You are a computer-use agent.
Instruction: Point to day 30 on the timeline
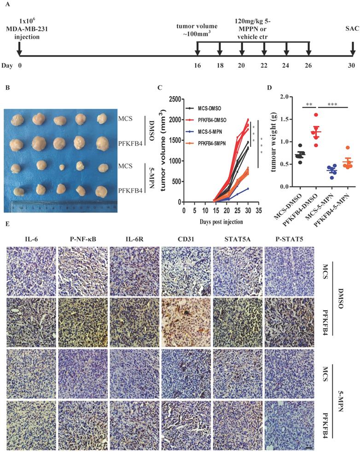[352, 66]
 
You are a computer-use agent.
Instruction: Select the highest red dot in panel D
[315, 115]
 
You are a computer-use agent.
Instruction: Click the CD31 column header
[186, 239]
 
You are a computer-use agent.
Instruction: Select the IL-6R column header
[134, 239]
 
